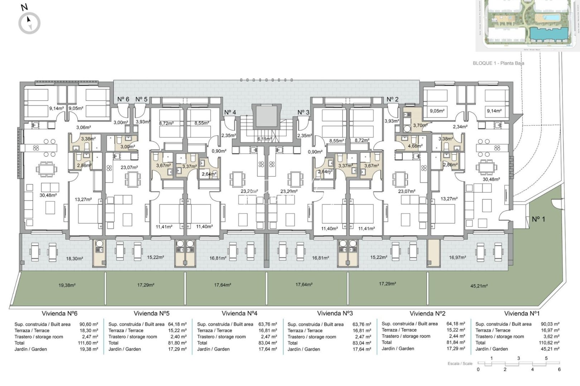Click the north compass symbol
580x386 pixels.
click(x=29, y=23)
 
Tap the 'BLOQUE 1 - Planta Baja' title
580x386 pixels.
click(x=498, y=63)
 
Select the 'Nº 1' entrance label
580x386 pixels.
click(x=538, y=219)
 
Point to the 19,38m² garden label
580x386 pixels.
click(x=67, y=285)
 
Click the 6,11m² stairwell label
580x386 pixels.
click(x=265, y=139)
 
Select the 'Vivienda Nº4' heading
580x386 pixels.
click(x=239, y=313)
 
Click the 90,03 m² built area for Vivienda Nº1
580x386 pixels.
click(x=550, y=324)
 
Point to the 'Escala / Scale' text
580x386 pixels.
click(x=460, y=363)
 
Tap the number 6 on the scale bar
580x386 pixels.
click(x=559, y=370)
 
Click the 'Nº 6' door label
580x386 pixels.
click(x=123, y=99)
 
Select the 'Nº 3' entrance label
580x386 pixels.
click(x=303, y=112)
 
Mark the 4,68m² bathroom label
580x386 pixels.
click(x=415, y=146)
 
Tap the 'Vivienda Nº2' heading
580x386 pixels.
click(x=427, y=313)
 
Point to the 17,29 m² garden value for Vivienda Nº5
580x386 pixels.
click(x=178, y=349)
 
